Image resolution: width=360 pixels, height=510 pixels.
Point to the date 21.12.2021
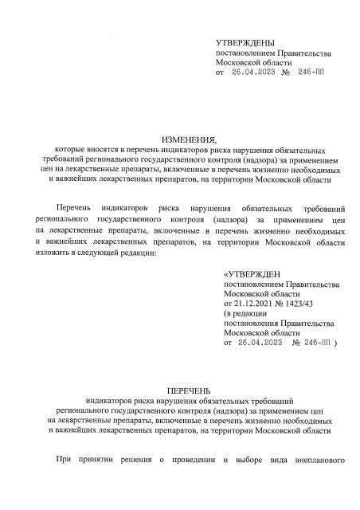pyautogui.click(x=253, y=304)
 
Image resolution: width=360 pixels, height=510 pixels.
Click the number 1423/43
pyautogui.click(x=299, y=304)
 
